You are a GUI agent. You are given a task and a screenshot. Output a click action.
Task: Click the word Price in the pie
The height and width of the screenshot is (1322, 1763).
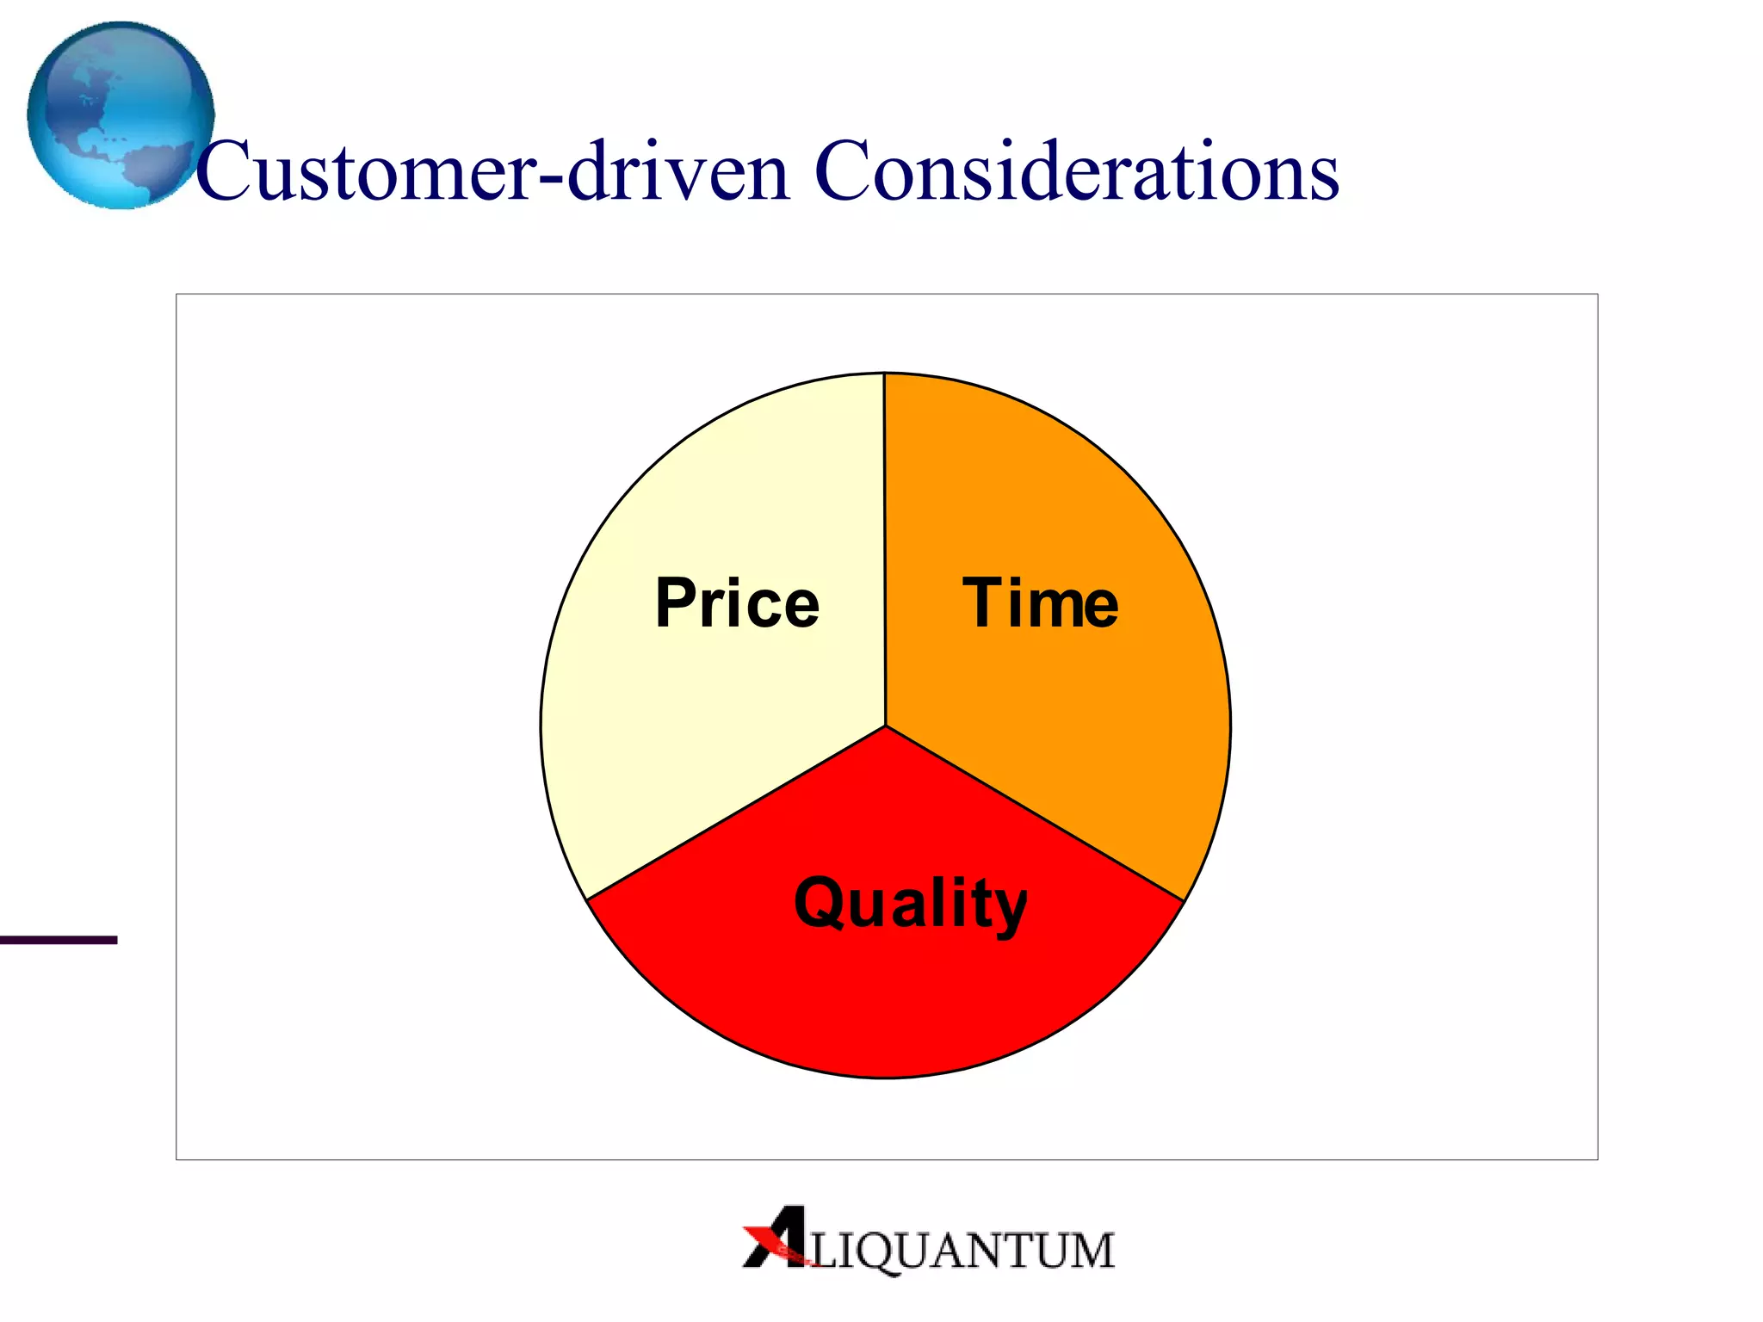coord(737,603)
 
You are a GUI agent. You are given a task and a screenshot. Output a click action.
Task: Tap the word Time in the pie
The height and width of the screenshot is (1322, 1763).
coord(1040,603)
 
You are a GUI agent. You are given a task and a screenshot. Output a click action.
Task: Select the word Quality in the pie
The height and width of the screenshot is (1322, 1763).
coord(910,904)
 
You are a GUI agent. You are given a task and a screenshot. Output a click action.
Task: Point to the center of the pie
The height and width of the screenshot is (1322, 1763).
coord(885,726)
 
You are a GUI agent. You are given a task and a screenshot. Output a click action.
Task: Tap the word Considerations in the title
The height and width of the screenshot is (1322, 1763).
coord(1076,172)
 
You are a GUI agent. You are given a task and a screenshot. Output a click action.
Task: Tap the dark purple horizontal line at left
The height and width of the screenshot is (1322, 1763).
coord(58,940)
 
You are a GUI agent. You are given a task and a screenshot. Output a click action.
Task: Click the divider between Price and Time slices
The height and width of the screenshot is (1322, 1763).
coord(885,516)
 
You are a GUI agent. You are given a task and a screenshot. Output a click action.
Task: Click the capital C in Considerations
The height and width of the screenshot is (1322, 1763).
coord(844,172)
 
